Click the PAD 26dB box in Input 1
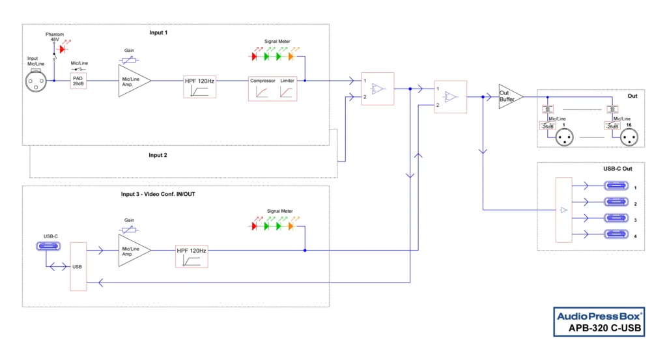[x=78, y=81]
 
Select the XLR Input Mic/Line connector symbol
[x=35, y=81]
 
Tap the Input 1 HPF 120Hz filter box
[x=199, y=86]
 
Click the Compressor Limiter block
[x=272, y=87]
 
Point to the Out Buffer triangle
[x=509, y=96]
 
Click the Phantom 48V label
[x=55, y=36]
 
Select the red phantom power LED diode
[x=63, y=49]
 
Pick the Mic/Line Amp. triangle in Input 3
[x=132, y=250]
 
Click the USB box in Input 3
[x=78, y=266]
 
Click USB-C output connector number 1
[x=616, y=186]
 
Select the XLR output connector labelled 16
[x=629, y=137]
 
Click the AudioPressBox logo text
[x=598, y=316]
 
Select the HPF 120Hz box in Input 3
[x=192, y=256]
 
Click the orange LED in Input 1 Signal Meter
[x=291, y=57]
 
